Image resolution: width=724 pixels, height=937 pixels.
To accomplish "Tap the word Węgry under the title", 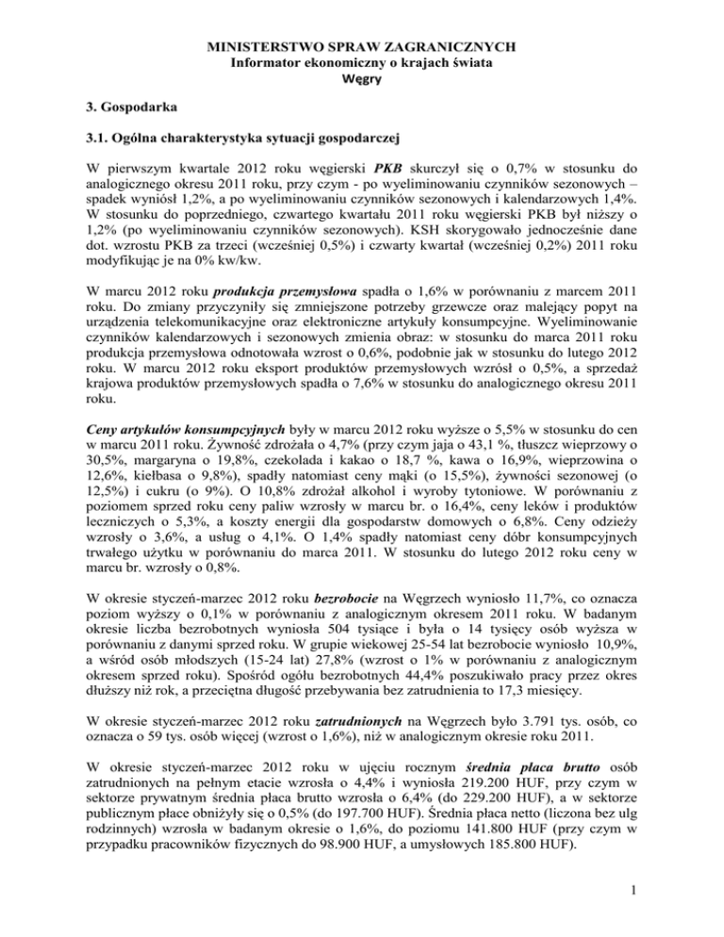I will [x=362, y=80].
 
